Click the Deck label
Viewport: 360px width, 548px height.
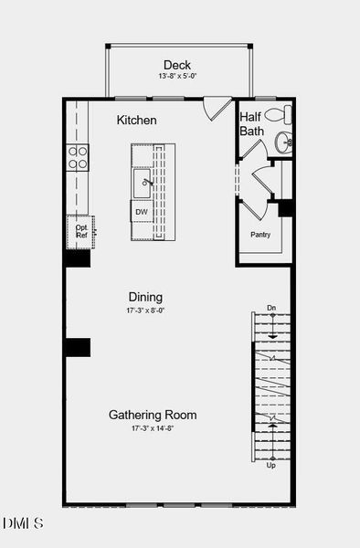[177, 65]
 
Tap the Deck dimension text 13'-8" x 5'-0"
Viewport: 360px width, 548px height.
[177, 77]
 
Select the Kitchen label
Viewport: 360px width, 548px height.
[137, 120]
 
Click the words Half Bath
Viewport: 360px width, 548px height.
[251, 124]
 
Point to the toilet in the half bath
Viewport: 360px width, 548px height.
[283, 116]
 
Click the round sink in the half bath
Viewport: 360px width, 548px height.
[283, 142]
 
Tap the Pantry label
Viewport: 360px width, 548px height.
[260, 235]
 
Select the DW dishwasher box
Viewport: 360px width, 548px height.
[142, 212]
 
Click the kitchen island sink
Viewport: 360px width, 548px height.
[144, 184]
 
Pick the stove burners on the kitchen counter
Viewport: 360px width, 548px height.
[78, 157]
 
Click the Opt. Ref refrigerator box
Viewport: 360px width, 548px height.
[80, 231]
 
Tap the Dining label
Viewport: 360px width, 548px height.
[145, 297]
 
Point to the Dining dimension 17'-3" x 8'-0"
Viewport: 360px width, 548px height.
[145, 311]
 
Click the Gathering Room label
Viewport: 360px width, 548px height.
[153, 415]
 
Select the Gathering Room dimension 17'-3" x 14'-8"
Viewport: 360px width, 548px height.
[153, 428]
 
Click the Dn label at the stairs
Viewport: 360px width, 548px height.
[271, 308]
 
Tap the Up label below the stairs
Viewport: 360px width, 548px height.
[270, 465]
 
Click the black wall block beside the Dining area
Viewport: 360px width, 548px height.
[77, 347]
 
